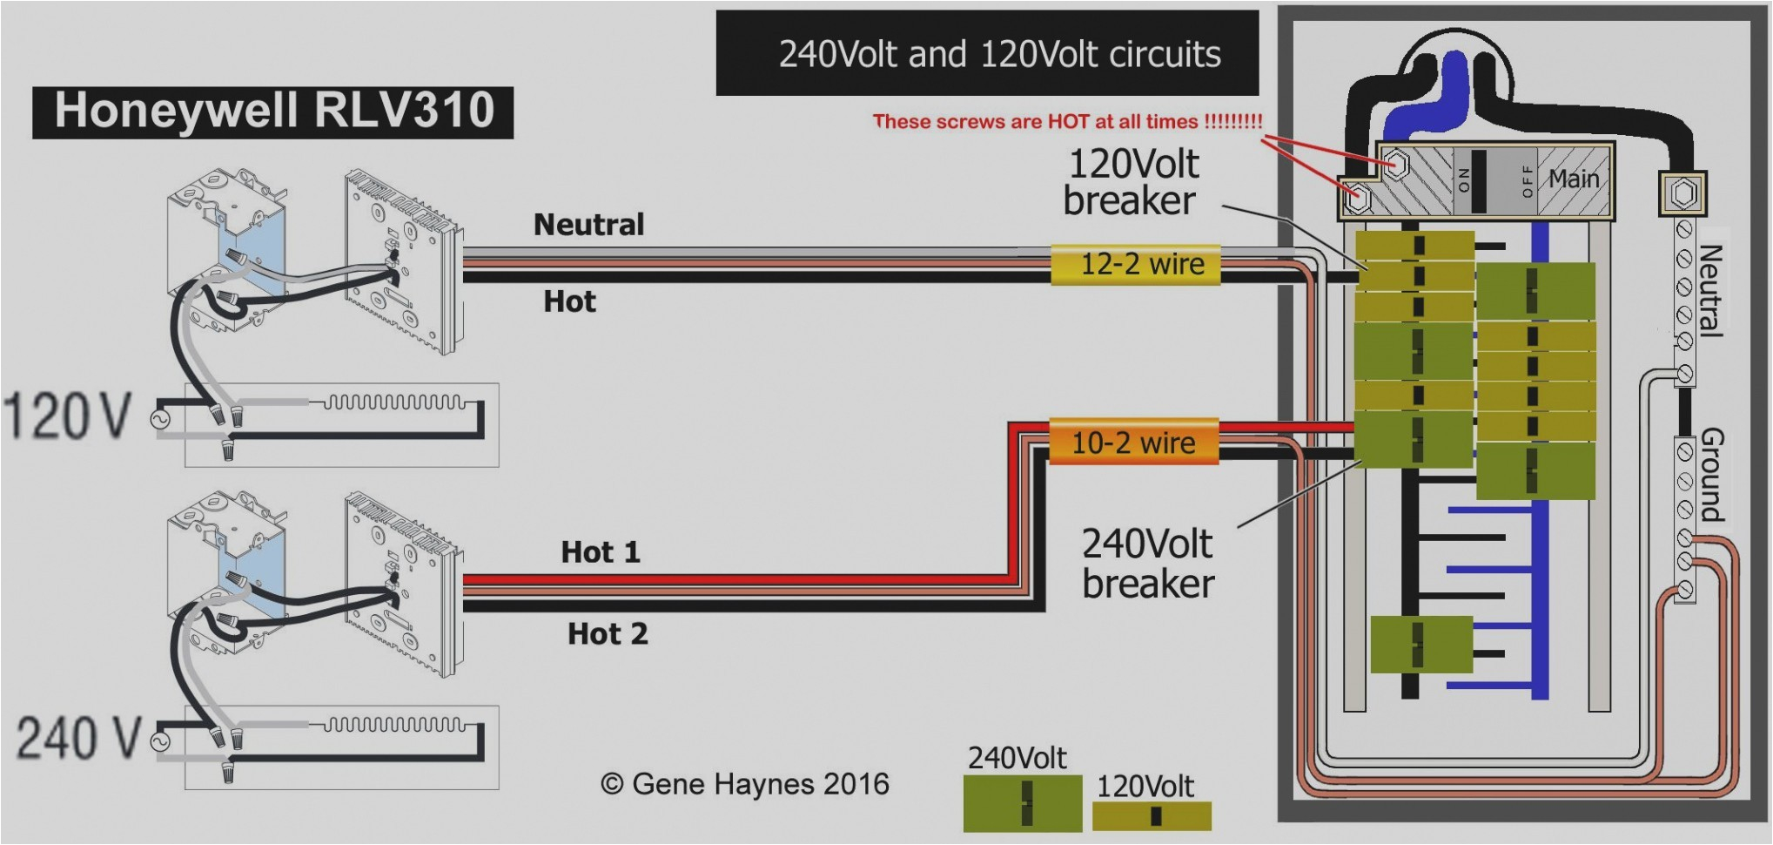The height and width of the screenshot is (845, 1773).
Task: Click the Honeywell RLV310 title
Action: (x=273, y=112)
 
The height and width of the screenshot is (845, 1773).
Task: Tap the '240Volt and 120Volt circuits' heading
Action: (x=999, y=54)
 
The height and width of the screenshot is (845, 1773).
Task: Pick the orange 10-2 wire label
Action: (x=1132, y=443)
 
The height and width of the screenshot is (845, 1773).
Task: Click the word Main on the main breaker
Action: (x=1573, y=179)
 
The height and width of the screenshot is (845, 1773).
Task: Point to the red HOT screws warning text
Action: (x=1067, y=121)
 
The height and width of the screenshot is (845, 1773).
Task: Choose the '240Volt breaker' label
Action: (x=1147, y=564)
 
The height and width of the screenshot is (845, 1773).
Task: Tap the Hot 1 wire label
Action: (x=600, y=552)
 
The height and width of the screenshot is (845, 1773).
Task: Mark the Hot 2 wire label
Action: (x=608, y=633)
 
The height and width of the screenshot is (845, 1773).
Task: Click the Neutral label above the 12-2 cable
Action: (x=588, y=225)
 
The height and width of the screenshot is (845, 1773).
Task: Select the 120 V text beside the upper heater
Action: (x=68, y=416)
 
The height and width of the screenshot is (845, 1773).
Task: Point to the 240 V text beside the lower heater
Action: (x=78, y=738)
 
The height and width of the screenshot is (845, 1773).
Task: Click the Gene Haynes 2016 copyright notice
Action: (x=745, y=784)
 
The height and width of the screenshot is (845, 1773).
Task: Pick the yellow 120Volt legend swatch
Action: (x=1151, y=815)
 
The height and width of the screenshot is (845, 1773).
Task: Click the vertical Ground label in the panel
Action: (x=1711, y=474)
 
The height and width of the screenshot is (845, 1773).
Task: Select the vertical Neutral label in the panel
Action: (x=1709, y=290)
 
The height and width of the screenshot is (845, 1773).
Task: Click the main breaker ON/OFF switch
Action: (x=1479, y=179)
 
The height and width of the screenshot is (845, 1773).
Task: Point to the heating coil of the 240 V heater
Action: (x=395, y=725)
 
